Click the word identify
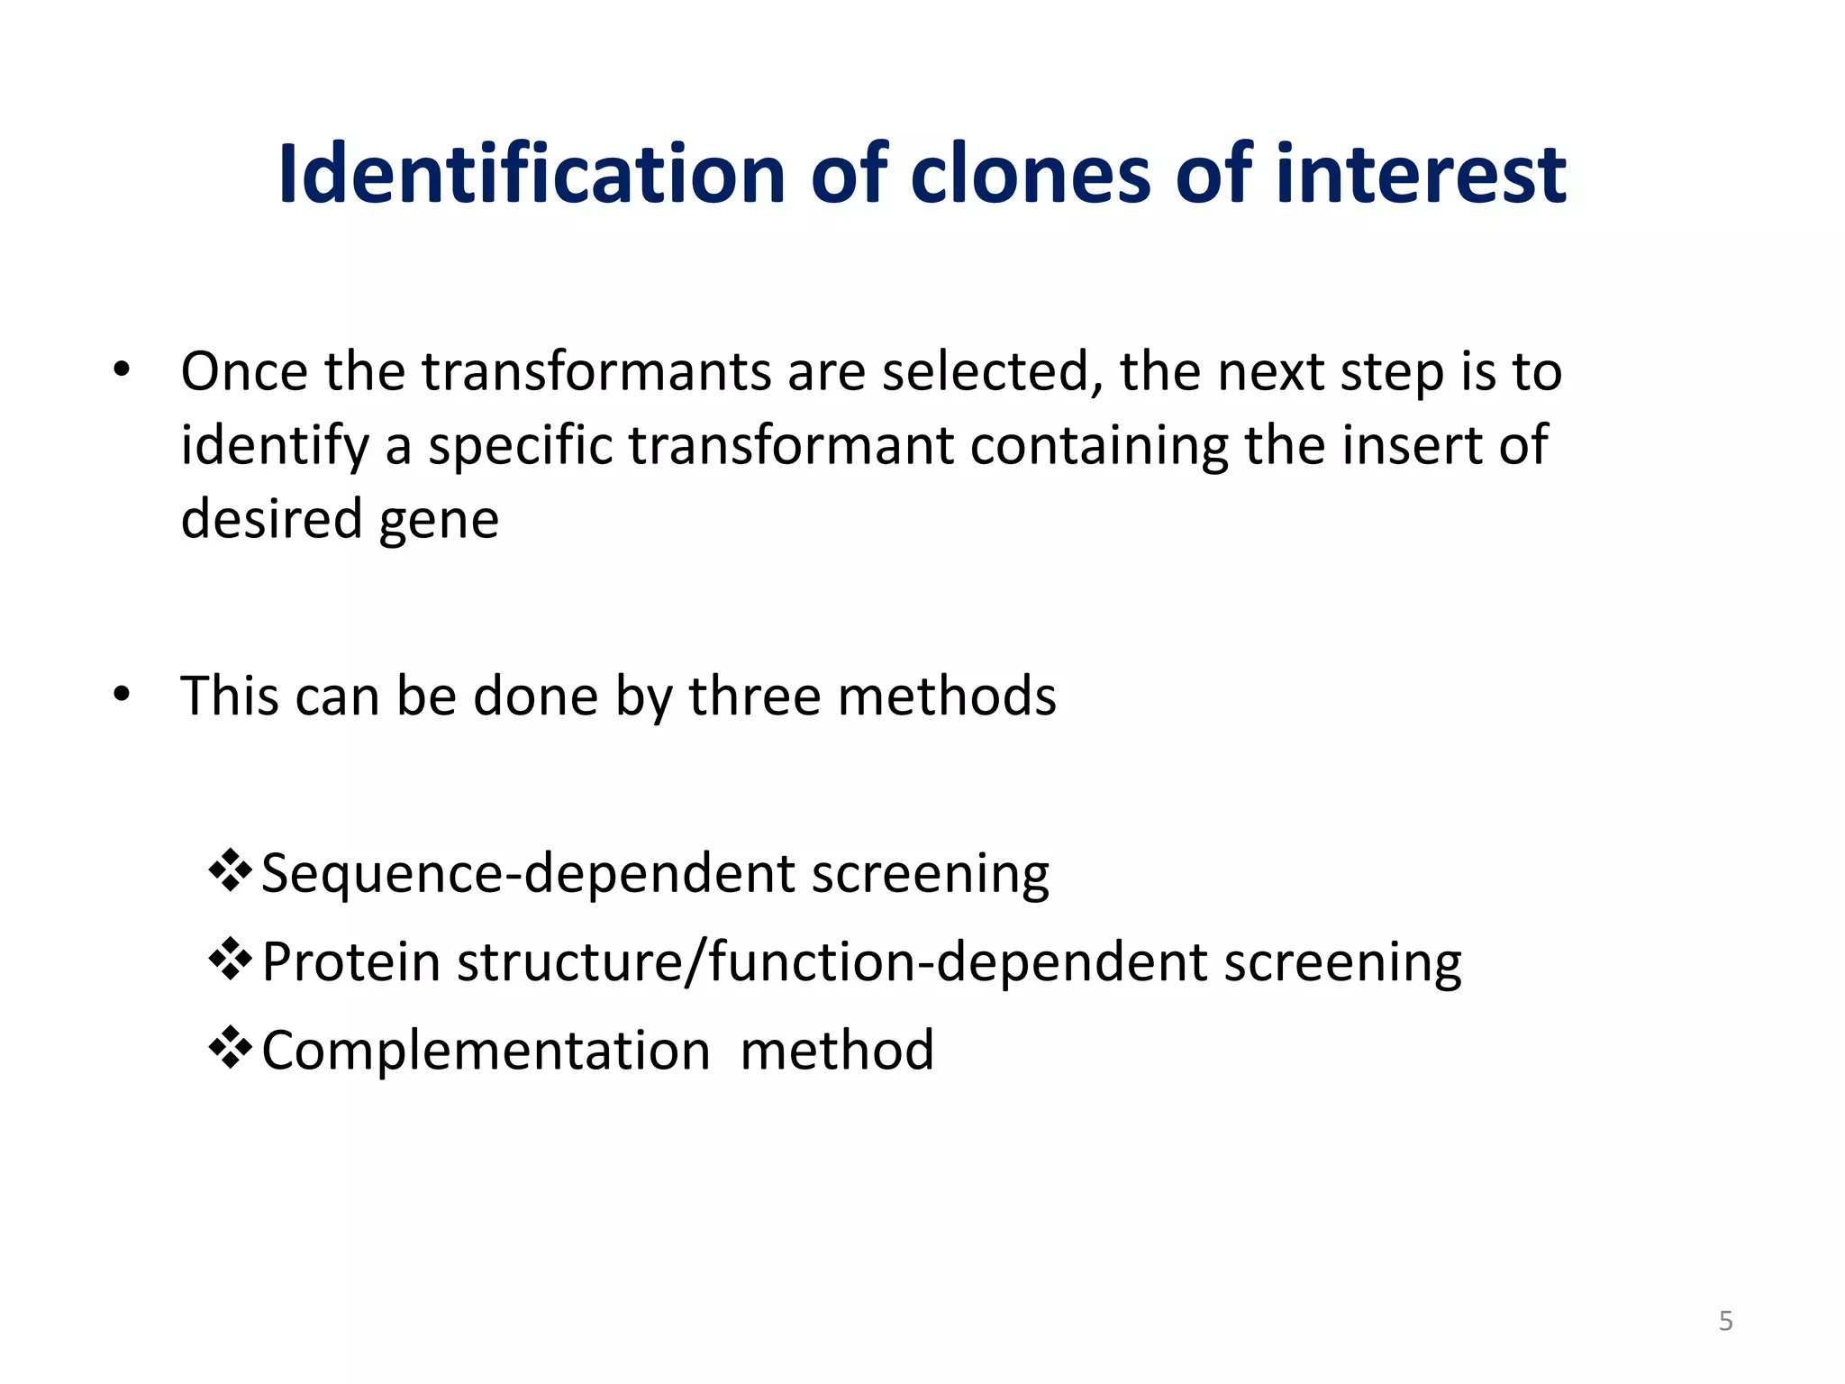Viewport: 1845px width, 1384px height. point(275,446)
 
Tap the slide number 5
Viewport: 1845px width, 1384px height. point(1725,1321)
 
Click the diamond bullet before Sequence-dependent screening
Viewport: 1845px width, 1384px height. point(230,871)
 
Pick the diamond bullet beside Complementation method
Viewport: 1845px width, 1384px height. point(230,1048)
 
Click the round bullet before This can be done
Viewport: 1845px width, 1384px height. point(122,695)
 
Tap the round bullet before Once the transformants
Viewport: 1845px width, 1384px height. point(122,369)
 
